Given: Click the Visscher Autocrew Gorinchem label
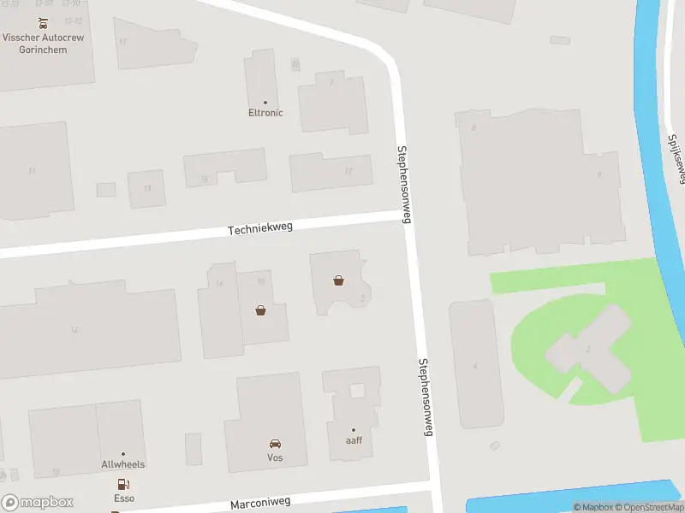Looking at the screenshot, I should pyautogui.click(x=46, y=44).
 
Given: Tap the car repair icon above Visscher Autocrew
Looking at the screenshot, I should pyautogui.click(x=43, y=23).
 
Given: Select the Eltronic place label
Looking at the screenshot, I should pyautogui.click(x=265, y=113).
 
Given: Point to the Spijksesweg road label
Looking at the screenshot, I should pyautogui.click(x=676, y=158).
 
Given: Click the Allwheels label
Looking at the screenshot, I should pyautogui.click(x=123, y=464).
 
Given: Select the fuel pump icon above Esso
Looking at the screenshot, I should pyautogui.click(x=121, y=483).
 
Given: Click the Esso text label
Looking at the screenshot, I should pyautogui.click(x=124, y=498).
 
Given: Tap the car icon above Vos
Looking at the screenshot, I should pyautogui.click(x=275, y=444).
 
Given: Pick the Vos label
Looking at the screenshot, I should pyautogui.click(x=275, y=458).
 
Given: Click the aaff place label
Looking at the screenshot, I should pyautogui.click(x=353, y=440).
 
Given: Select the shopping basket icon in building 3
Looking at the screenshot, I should pyautogui.click(x=339, y=280).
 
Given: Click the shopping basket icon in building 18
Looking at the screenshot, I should pyautogui.click(x=260, y=310).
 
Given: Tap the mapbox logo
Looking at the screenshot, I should pyautogui.click(x=38, y=503).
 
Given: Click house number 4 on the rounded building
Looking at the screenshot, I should pyautogui.click(x=475, y=365).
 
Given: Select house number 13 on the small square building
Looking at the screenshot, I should pyautogui.click(x=147, y=188).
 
